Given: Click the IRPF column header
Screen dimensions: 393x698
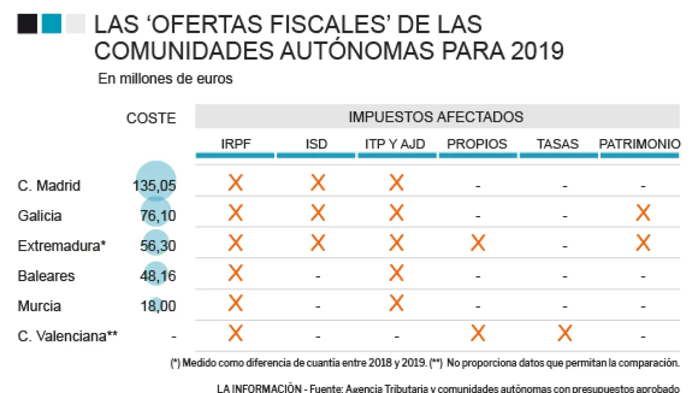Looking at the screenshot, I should (x=236, y=144).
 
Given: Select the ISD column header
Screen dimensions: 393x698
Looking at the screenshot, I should (x=316, y=144).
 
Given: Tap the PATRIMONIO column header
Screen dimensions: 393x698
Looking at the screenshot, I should (x=640, y=144).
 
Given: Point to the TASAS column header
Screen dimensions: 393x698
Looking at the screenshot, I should (x=557, y=144).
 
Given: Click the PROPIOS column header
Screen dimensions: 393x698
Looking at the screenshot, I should (x=477, y=144).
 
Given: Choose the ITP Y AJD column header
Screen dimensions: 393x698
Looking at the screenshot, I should (x=395, y=144).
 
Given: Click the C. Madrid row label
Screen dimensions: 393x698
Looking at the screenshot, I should (x=49, y=186).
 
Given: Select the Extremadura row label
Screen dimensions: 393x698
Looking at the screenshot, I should (x=62, y=246).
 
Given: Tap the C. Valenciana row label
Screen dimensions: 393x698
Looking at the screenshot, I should (x=68, y=336).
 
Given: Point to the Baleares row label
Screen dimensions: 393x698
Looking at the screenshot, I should (x=46, y=276).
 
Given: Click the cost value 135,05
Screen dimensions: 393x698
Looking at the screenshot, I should (x=154, y=186).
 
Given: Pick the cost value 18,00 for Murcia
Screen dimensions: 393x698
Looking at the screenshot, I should (x=158, y=306).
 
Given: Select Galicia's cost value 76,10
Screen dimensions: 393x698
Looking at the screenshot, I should (x=158, y=216).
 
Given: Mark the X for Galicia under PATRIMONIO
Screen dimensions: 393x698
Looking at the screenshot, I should (x=643, y=213).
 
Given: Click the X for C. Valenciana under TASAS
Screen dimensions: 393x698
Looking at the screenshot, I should (x=565, y=333).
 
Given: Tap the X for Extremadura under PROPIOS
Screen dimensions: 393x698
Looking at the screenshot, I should (x=478, y=243).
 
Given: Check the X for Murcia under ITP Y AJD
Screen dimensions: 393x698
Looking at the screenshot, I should (x=396, y=303).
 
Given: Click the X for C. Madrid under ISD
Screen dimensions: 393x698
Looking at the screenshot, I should (x=318, y=182).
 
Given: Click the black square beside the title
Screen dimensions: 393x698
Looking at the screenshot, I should (x=27, y=24).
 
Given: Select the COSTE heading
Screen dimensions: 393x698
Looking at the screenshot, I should (x=151, y=118).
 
